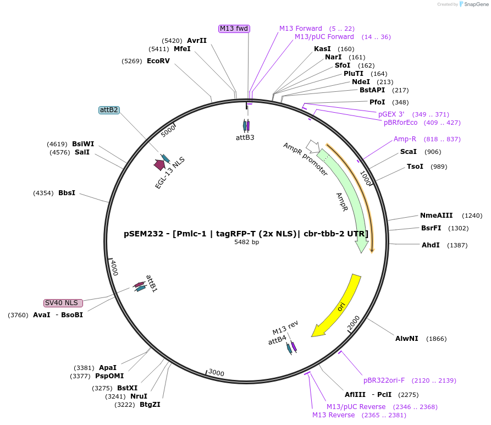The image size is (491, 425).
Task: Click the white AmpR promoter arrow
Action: (x=312, y=146)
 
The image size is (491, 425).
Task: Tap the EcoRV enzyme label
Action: (x=158, y=61)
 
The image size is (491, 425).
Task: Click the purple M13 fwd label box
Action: (x=234, y=29)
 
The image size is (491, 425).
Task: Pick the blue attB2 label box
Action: (x=109, y=110)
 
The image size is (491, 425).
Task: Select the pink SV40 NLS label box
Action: (x=63, y=303)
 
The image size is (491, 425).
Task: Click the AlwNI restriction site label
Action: (x=407, y=339)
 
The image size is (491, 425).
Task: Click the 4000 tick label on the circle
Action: (x=114, y=268)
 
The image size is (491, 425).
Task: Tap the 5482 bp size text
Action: (x=246, y=242)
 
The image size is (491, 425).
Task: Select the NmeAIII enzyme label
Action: (x=436, y=216)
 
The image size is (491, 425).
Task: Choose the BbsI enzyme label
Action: (x=67, y=193)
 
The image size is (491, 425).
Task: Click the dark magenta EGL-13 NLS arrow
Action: (x=160, y=164)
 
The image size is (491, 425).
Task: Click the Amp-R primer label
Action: (x=405, y=139)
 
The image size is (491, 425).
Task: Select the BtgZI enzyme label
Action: (x=150, y=405)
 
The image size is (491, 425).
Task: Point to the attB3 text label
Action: (x=245, y=137)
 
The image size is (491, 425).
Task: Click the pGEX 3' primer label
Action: (x=391, y=114)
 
